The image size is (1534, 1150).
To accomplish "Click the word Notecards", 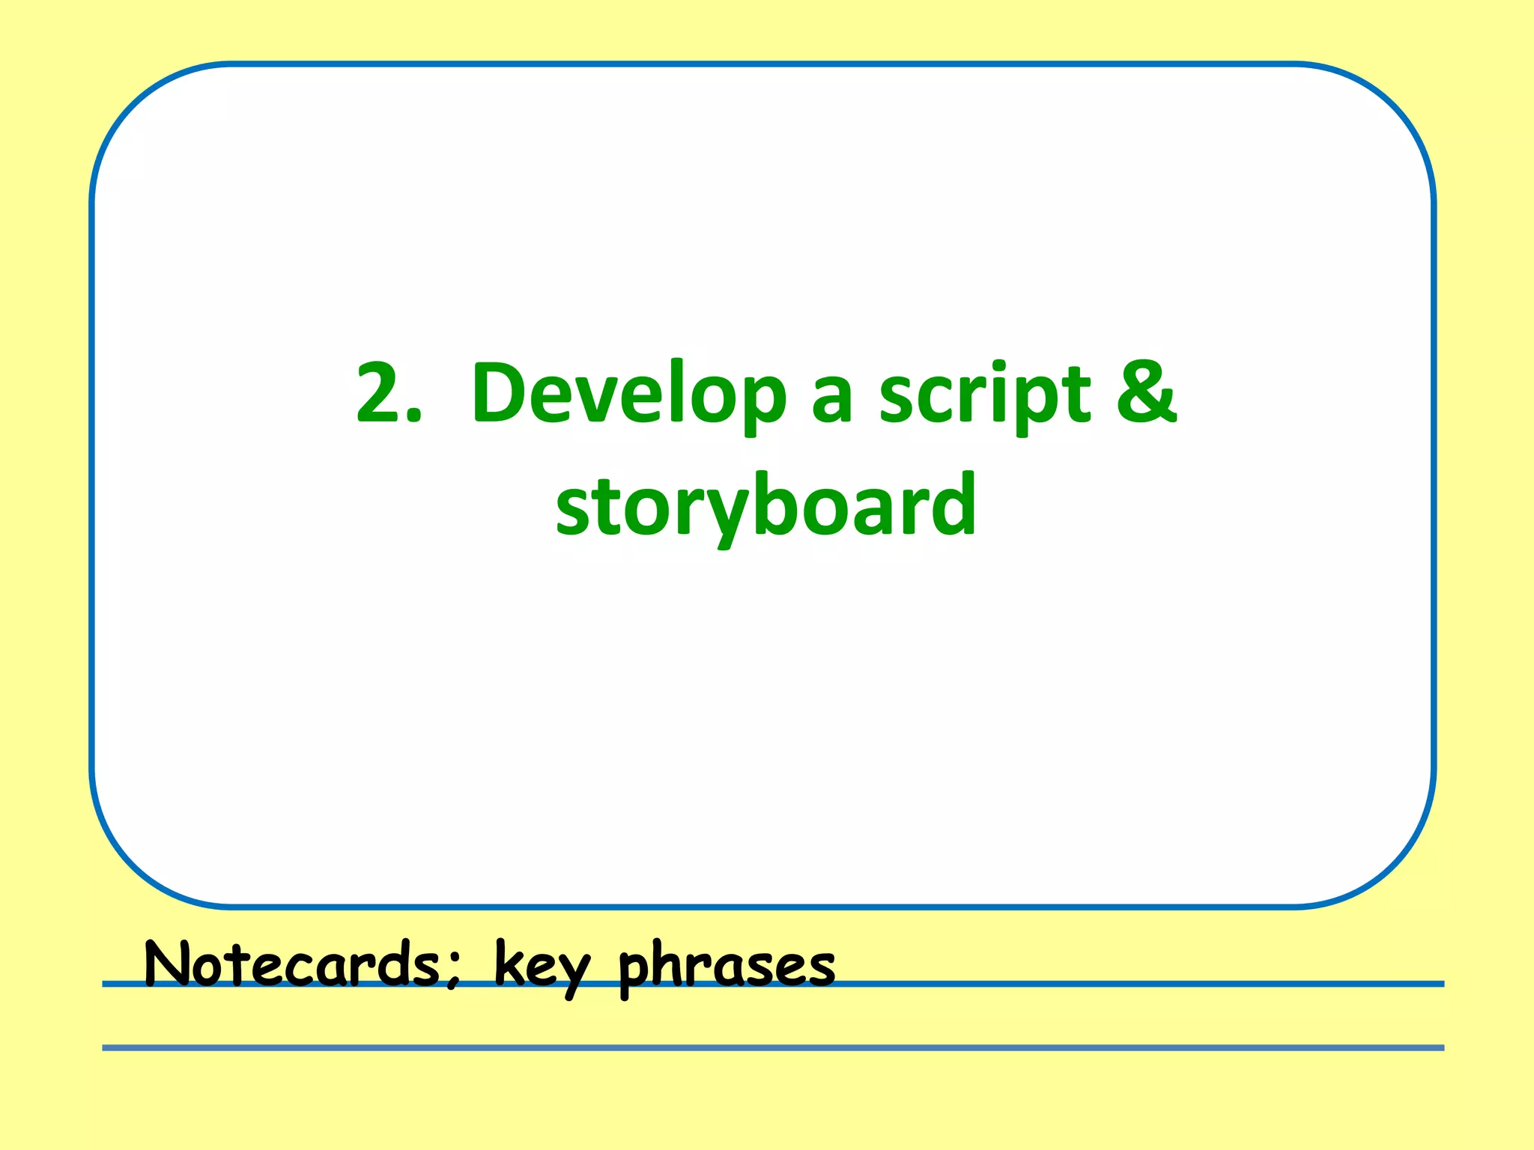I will (292, 964).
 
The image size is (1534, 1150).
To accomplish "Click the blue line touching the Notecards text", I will (1124, 984).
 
